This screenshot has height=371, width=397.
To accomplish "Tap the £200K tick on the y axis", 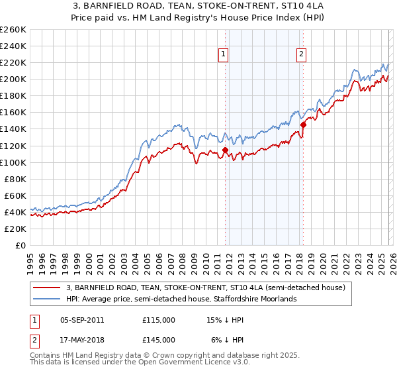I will (x=13, y=79).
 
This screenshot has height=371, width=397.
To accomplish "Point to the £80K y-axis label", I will (x=15, y=179).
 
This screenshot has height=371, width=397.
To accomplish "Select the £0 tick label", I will (x=21, y=245).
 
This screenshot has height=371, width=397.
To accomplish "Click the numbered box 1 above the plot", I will (x=223, y=55).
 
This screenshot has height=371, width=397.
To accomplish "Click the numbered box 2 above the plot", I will (x=301, y=55).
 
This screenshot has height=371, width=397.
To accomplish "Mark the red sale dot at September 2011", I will (x=225, y=150).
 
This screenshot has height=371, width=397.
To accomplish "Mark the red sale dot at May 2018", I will (x=303, y=125).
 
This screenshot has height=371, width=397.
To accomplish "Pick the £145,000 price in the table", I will (x=159, y=339).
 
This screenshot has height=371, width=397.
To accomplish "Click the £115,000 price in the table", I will (x=159, y=319).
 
